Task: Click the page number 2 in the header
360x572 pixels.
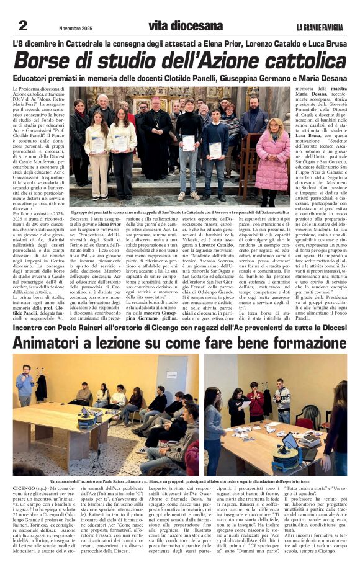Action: (x=22, y=25)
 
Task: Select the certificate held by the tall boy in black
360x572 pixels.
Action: (x=189, y=143)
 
